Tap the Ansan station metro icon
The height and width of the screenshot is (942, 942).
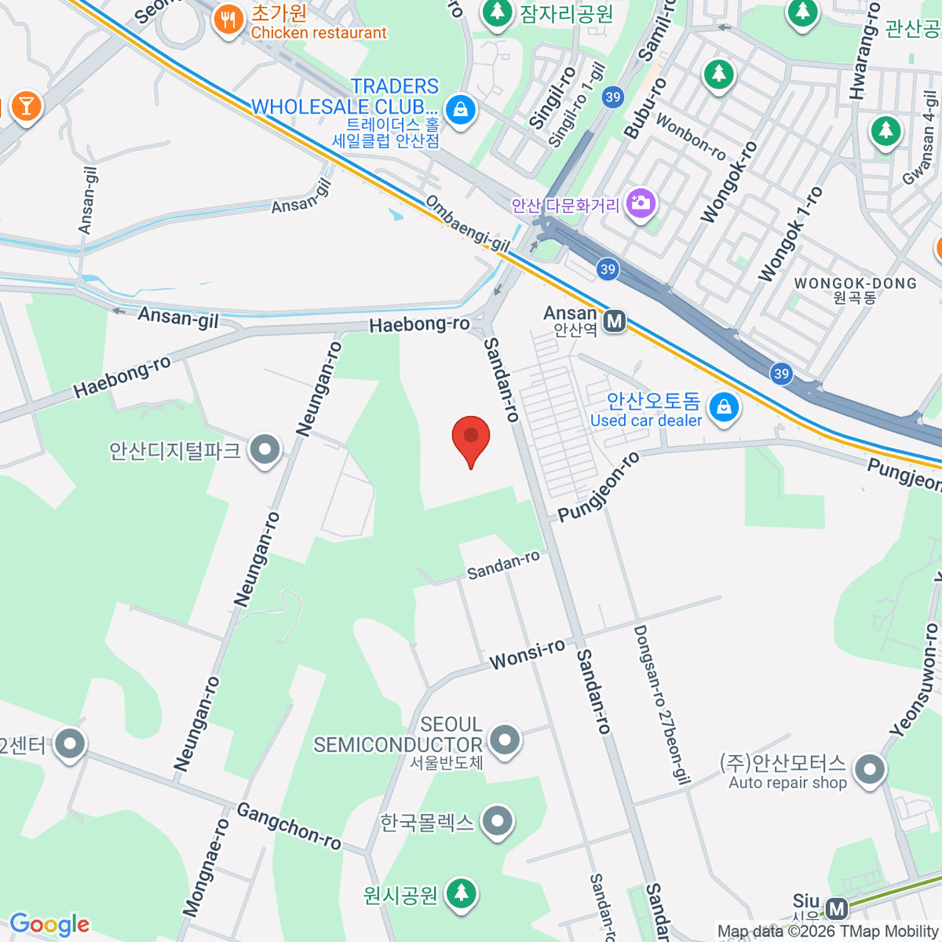[615, 321]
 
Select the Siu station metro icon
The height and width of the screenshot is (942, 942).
[837, 909]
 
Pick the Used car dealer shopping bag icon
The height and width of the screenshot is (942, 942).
[724, 407]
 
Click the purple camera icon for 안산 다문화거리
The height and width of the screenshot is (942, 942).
[641, 203]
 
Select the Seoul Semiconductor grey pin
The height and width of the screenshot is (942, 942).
[504, 739]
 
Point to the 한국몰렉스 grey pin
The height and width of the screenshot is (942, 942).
[496, 822]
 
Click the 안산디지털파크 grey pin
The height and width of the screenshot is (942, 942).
[265, 450]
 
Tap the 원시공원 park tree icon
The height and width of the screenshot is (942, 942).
[461, 893]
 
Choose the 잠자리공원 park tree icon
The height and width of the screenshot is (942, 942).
[496, 12]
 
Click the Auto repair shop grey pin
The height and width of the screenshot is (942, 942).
[869, 769]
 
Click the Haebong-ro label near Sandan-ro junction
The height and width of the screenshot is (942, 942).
[420, 324]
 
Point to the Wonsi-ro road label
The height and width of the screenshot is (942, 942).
[527, 654]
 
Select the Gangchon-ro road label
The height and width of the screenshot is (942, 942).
[289, 826]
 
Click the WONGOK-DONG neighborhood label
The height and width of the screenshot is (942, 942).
[855, 284]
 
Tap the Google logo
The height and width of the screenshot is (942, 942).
[49, 925]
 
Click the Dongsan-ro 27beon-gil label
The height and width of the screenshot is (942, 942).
[661, 704]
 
